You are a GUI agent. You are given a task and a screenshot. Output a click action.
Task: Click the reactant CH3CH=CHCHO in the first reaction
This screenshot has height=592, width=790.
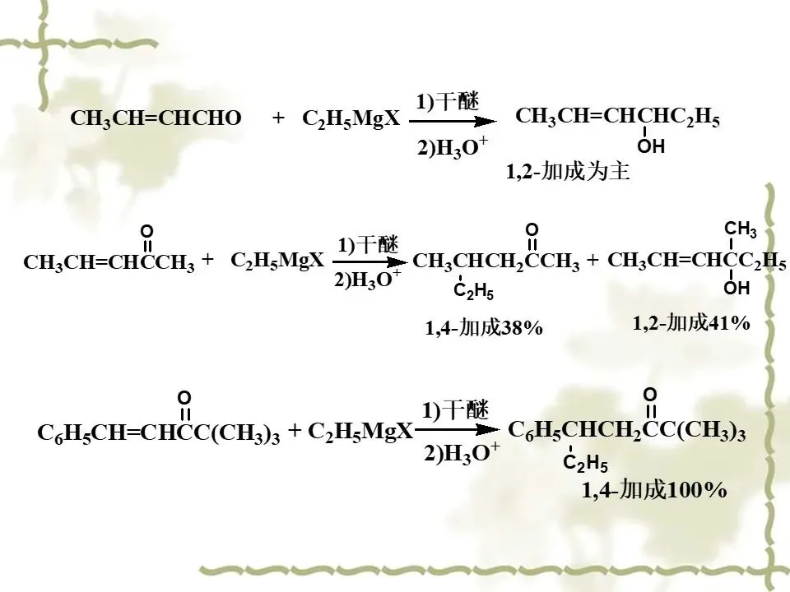click(156, 119)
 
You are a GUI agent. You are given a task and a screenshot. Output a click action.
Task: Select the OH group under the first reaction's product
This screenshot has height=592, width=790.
click(650, 148)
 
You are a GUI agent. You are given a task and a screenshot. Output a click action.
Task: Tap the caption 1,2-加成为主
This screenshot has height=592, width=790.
click(568, 174)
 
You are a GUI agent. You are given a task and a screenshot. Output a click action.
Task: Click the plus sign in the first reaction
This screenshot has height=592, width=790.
click(278, 119)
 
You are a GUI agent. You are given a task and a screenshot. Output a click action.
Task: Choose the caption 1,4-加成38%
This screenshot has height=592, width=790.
click(484, 328)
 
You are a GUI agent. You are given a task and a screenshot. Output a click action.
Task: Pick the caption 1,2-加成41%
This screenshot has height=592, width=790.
click(691, 323)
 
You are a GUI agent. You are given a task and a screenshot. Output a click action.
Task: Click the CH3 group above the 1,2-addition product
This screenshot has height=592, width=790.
click(740, 229)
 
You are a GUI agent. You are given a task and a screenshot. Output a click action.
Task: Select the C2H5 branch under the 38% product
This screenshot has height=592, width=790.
click(474, 290)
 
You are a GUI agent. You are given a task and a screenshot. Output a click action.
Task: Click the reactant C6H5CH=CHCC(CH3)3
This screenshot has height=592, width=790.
click(159, 434)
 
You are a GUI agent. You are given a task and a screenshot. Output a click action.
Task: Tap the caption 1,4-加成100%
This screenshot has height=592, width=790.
click(654, 491)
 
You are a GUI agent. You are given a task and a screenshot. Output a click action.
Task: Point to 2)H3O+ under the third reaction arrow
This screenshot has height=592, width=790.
click(462, 453)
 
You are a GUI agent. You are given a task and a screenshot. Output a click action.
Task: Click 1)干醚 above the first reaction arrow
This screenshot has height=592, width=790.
click(448, 101)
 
